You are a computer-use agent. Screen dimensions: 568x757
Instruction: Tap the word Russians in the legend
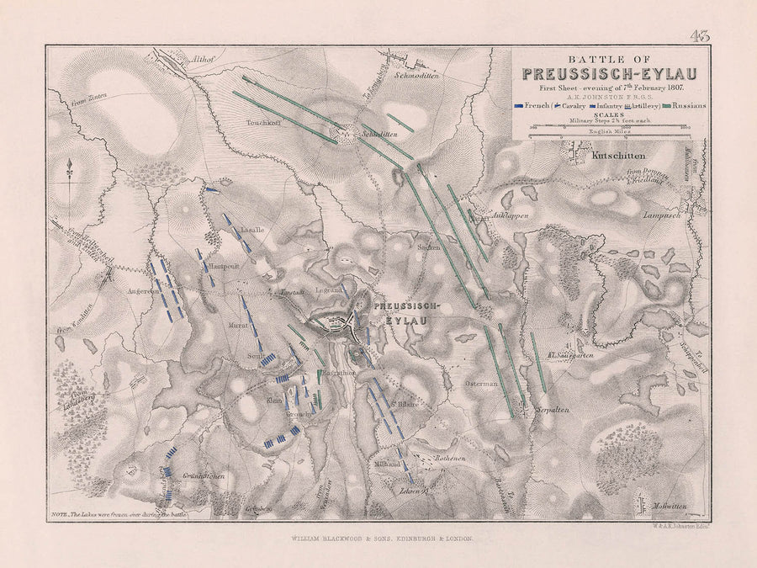[x=688, y=106]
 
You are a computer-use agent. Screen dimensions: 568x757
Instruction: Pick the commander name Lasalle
[x=251, y=230]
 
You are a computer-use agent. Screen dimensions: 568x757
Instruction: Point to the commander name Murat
[x=237, y=322]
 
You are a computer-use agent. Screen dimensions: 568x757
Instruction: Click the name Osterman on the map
[x=481, y=383]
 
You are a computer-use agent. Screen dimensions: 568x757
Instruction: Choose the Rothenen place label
[x=449, y=458]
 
